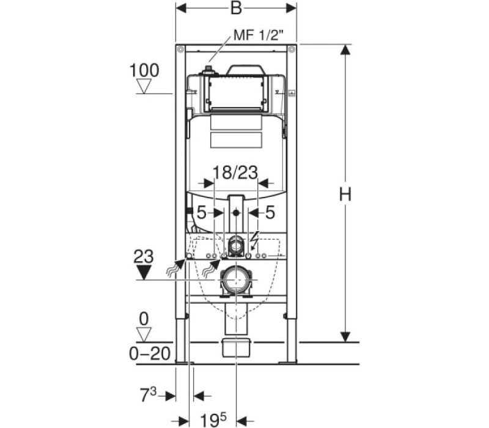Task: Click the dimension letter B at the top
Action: [x=236, y=9]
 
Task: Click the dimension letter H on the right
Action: [x=345, y=194]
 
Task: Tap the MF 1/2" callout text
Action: [x=259, y=35]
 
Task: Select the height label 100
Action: [x=144, y=70]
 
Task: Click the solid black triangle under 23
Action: [x=144, y=272]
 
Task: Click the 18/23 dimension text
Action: [x=235, y=172]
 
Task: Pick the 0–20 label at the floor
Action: [x=150, y=354]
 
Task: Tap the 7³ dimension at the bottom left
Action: [x=148, y=395]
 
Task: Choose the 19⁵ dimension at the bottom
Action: [x=213, y=420]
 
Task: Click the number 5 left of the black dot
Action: [x=202, y=213]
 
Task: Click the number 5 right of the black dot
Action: [x=270, y=213]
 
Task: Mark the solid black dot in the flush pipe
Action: [x=236, y=213]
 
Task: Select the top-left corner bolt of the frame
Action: [x=180, y=50]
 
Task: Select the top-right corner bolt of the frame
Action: [x=292, y=50]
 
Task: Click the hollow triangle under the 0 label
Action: [x=144, y=334]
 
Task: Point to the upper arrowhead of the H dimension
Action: [x=345, y=50]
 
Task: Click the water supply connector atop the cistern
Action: [x=208, y=71]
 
